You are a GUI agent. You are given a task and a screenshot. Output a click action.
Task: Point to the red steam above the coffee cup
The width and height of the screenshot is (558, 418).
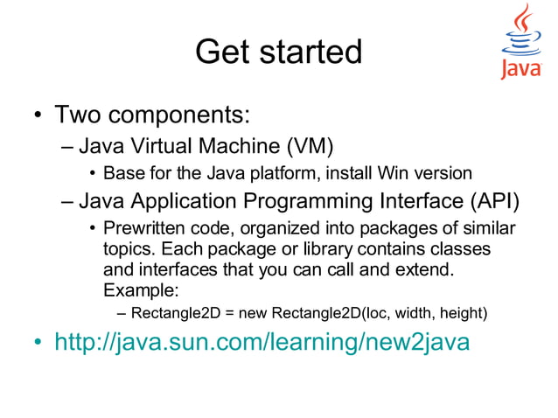(x=522, y=19)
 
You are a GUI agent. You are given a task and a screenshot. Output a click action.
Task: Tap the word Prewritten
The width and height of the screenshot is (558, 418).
(x=144, y=230)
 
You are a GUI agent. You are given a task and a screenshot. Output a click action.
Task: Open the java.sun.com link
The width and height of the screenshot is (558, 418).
(x=262, y=341)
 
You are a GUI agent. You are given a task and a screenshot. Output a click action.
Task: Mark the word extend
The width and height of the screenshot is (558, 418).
(x=426, y=269)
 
